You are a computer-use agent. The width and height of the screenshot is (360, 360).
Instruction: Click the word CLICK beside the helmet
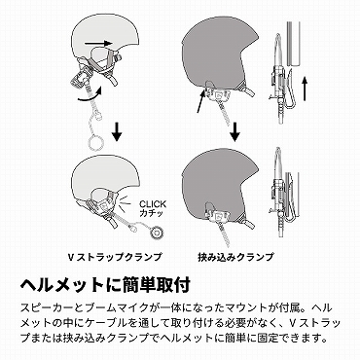click(x=153, y=204)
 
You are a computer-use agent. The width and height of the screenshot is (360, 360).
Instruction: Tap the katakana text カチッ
click(x=151, y=213)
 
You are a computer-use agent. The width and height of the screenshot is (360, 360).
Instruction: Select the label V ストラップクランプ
click(x=115, y=258)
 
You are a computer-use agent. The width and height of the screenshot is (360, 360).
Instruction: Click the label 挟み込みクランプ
click(x=236, y=258)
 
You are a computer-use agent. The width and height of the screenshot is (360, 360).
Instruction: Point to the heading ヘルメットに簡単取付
click(x=105, y=285)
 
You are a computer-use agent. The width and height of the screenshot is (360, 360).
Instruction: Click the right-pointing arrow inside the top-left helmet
click(x=98, y=43)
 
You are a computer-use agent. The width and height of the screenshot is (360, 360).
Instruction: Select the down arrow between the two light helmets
click(x=117, y=130)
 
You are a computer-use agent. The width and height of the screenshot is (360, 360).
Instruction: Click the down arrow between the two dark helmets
click(x=235, y=130)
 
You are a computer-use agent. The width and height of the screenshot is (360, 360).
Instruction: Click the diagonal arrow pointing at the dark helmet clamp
click(x=201, y=101)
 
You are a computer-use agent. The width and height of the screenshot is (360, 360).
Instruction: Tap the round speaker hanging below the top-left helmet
click(x=96, y=142)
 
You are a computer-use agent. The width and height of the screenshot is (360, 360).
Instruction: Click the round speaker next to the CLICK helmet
click(x=158, y=231)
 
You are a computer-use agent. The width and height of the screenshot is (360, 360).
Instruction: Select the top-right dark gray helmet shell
click(x=218, y=56)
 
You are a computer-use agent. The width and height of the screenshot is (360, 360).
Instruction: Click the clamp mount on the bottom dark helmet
click(x=216, y=215)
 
